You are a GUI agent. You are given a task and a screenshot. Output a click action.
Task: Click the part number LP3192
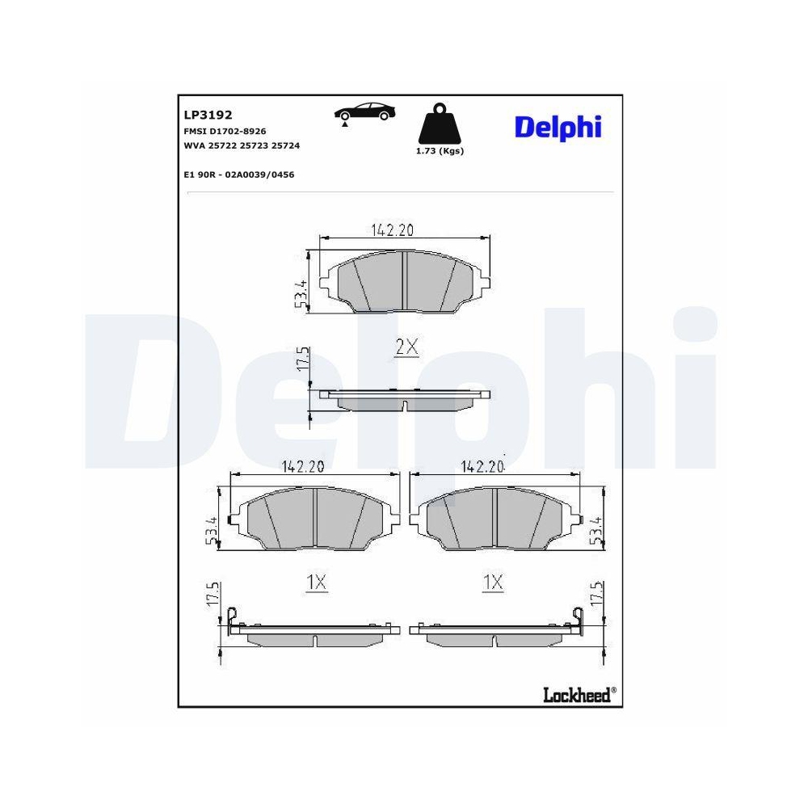[208, 116]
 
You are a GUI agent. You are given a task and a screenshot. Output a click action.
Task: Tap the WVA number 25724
[285, 145]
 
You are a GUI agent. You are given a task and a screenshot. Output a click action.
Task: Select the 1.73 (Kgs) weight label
[439, 151]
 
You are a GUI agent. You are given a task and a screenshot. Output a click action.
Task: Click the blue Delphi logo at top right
[558, 127]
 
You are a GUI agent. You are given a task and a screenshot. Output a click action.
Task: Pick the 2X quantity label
[406, 347]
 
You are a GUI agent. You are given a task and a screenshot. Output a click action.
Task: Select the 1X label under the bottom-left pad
[315, 583]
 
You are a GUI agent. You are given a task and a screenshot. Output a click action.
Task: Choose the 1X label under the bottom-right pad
[493, 583]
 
